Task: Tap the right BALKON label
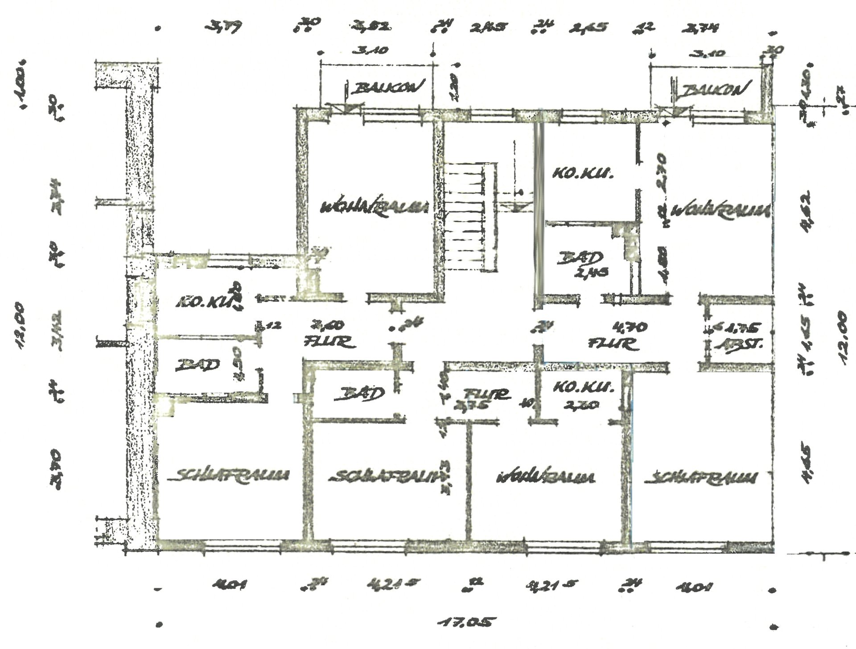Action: (x=713, y=91)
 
